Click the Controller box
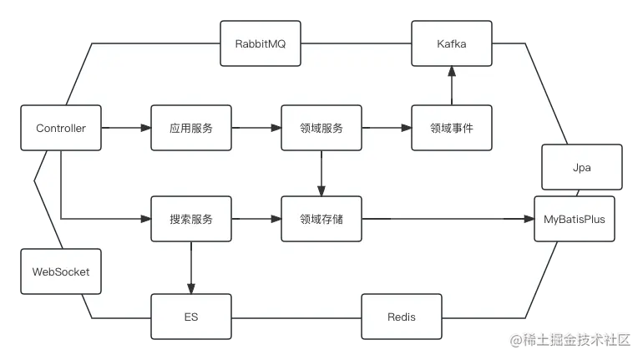click(x=60, y=128)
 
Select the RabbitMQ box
click(x=261, y=43)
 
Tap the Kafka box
click(x=452, y=43)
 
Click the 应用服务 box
click(x=191, y=128)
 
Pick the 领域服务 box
click(x=321, y=128)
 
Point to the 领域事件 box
click(x=452, y=128)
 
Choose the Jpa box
click(x=582, y=167)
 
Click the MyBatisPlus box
click(x=574, y=219)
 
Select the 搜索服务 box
click(x=191, y=219)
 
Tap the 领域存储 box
click(x=321, y=219)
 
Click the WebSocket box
click(x=60, y=271)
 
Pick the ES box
click(x=191, y=317)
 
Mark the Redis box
click(x=402, y=317)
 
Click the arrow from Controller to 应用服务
click(x=125, y=128)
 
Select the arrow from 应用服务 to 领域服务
click(x=256, y=128)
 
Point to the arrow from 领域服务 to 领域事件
click(x=387, y=128)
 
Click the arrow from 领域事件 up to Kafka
click(x=452, y=85)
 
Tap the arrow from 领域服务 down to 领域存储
click(x=321, y=174)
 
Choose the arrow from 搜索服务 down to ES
click(x=191, y=267)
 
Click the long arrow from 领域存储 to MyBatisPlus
click(x=448, y=219)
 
